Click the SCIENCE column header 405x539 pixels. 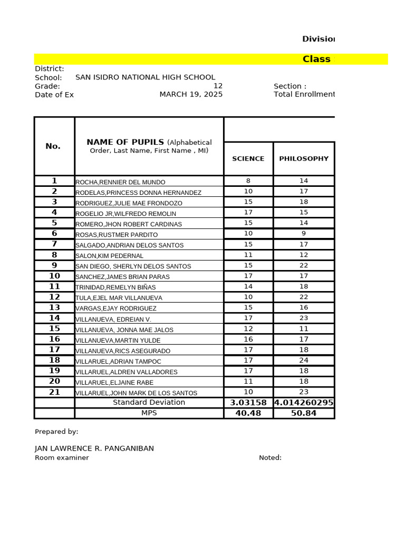248,158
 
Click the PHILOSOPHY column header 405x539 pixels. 304,158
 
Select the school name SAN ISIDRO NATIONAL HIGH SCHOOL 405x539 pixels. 145,77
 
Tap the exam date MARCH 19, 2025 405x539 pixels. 191,94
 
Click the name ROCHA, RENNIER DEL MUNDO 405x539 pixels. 120,182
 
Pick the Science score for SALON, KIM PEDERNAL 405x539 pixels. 248,255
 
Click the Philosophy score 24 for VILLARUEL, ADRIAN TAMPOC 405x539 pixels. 304,361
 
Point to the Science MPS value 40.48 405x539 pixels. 248,413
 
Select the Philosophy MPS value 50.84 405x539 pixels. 304,413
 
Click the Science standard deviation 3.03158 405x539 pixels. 248,403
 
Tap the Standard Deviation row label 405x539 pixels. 149,403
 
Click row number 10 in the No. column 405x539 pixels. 54,276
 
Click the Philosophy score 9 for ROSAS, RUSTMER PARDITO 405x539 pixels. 304,234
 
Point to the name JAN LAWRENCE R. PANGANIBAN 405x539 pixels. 94,448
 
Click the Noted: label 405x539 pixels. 270,458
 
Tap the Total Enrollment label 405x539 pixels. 304,94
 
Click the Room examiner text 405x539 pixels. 62,458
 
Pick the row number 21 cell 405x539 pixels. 54,392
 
